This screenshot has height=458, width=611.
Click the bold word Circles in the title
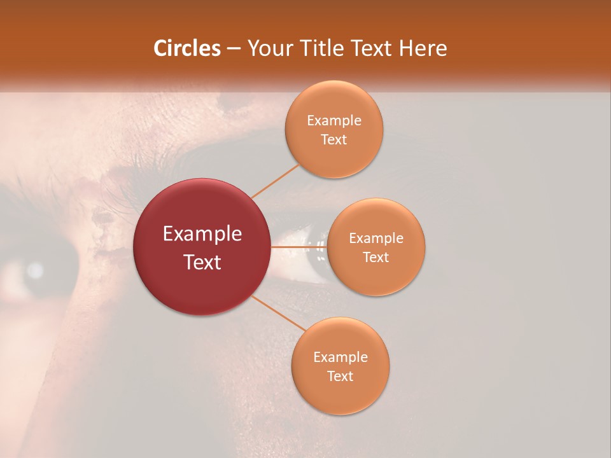(x=186, y=48)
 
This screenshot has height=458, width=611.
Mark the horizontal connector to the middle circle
(x=298, y=246)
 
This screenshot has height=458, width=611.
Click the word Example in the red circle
(x=202, y=234)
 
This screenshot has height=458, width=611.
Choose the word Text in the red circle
(x=202, y=262)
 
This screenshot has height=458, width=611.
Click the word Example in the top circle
(x=334, y=121)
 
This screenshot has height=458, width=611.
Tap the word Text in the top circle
(x=334, y=140)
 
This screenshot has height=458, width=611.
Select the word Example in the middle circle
(x=376, y=239)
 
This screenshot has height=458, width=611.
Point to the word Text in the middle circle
(x=376, y=258)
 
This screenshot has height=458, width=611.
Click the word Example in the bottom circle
(x=340, y=357)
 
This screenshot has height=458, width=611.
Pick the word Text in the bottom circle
(x=340, y=377)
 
